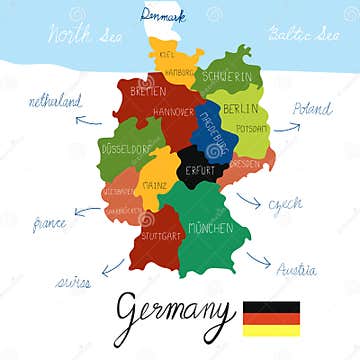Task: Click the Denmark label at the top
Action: pos(163,16)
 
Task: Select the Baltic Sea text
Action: pos(303,34)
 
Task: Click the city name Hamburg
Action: pos(180,73)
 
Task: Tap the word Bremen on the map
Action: pos(146,90)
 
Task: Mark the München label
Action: pos(210,228)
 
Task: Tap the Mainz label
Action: pos(154,184)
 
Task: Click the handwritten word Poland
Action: pos(312,108)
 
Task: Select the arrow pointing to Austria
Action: pos(258,261)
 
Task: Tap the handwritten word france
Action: pos(49,224)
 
